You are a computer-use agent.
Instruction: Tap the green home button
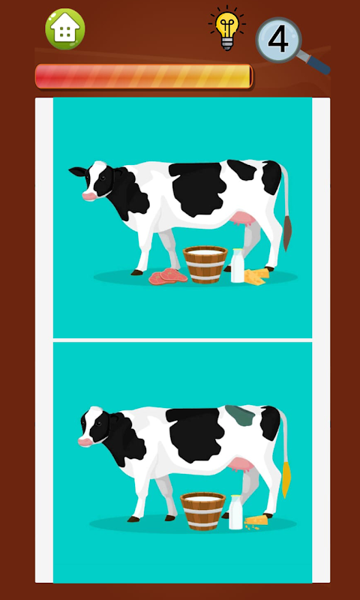[x=65, y=29]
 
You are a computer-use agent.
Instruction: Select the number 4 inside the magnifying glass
[x=278, y=40]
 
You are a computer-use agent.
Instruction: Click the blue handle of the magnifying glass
[x=317, y=64]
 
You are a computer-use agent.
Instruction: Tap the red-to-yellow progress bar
[x=144, y=76]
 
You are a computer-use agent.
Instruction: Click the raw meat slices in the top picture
[x=168, y=276]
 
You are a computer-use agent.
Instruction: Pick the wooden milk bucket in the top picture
[x=205, y=265]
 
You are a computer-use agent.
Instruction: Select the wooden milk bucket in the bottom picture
[x=202, y=511]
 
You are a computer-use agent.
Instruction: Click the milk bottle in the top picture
[x=238, y=265]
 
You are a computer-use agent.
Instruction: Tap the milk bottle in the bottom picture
[x=235, y=512]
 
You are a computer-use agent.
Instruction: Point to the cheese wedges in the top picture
[x=256, y=276]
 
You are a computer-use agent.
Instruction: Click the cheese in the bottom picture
[x=256, y=521]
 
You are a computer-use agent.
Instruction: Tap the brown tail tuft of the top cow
[x=287, y=233]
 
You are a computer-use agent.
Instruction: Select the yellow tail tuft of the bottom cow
[x=286, y=479]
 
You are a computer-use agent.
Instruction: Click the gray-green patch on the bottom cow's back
[x=240, y=415]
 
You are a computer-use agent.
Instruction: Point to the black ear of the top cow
[x=78, y=172]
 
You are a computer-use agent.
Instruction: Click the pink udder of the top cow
[x=244, y=220]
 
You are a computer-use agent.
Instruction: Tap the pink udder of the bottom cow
[x=241, y=465]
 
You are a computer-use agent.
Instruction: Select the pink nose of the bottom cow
[x=85, y=442]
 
